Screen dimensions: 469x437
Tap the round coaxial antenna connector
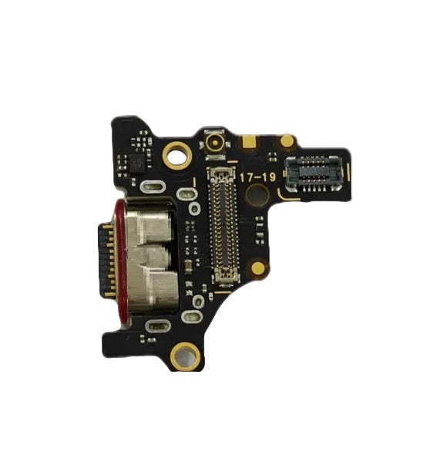pyautogui.click(x=214, y=144)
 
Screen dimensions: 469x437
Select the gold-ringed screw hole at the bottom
pyautogui.click(x=185, y=356)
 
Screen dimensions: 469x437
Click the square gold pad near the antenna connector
pyautogui.click(x=249, y=142)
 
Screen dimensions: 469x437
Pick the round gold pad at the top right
pyautogui.click(x=287, y=141)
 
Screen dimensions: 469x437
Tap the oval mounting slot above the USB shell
pyautogui.click(x=152, y=186)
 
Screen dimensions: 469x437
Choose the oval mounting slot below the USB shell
pyautogui.click(x=153, y=326)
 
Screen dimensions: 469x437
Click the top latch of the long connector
pyautogui.click(x=221, y=169)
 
